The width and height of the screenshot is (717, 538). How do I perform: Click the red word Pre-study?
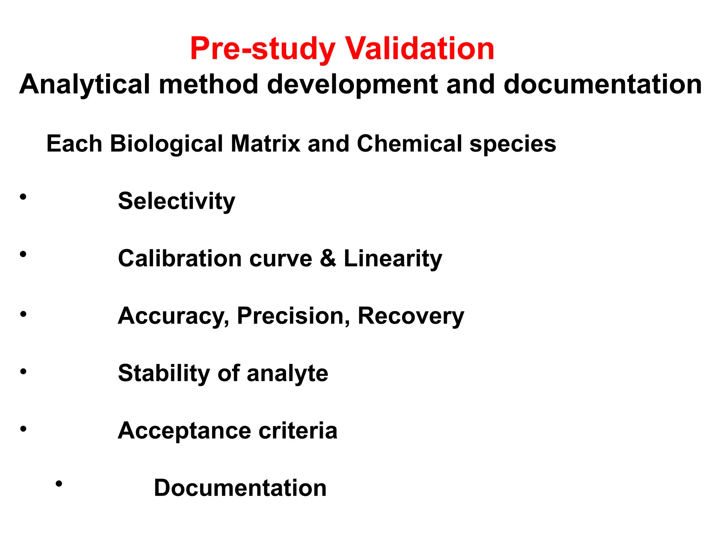click(263, 49)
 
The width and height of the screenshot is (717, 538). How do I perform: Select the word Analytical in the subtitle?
click(84, 85)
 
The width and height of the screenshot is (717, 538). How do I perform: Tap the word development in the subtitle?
click(352, 85)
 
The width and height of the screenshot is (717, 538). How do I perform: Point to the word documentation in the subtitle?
click(602, 85)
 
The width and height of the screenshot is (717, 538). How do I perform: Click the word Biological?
click(166, 144)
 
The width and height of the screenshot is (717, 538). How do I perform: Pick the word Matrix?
click(265, 144)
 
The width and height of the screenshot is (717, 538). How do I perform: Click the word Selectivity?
click(176, 201)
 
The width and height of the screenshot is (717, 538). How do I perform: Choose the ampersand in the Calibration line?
click(328, 258)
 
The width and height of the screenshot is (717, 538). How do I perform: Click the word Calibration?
click(180, 258)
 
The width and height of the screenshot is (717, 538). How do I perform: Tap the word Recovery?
click(411, 316)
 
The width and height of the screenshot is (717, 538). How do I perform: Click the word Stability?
click(164, 373)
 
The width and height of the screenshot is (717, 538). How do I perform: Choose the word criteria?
click(298, 430)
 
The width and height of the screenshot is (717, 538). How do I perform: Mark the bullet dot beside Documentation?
click(59, 484)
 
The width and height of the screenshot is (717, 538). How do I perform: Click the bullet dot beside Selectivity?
click(23, 197)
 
